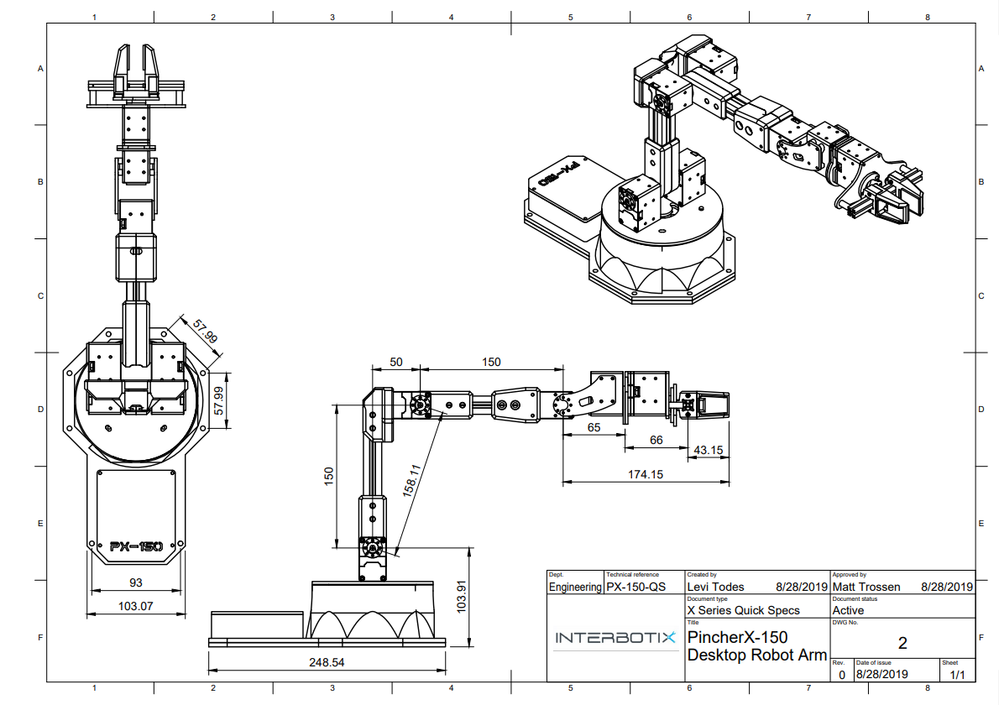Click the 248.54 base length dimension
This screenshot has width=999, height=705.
tap(327, 662)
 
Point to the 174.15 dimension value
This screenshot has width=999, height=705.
tap(646, 474)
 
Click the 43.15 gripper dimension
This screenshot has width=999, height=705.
tap(708, 450)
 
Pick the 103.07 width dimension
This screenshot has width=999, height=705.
tap(134, 605)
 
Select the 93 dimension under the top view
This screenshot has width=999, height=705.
tap(134, 582)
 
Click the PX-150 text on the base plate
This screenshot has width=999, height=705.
tap(135, 546)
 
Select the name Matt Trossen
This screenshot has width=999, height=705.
tap(866, 587)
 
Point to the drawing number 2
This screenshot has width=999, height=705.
tap(902, 644)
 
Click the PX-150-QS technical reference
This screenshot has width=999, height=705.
tap(636, 587)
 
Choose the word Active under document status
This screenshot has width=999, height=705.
tap(848, 610)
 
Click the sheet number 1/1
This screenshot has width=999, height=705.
tap(957, 674)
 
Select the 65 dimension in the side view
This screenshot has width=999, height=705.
tap(594, 427)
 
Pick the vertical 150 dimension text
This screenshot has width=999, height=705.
tap(329, 476)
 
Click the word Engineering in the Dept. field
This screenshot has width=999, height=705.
tap(575, 587)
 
